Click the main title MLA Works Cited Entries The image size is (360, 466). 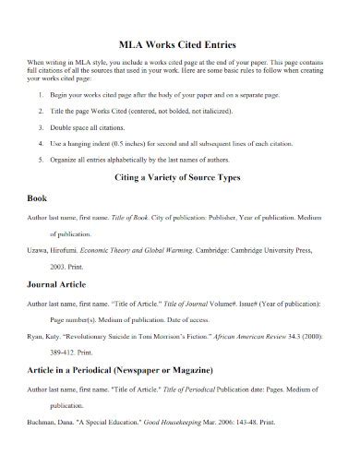pyautogui.click(x=179, y=42)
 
